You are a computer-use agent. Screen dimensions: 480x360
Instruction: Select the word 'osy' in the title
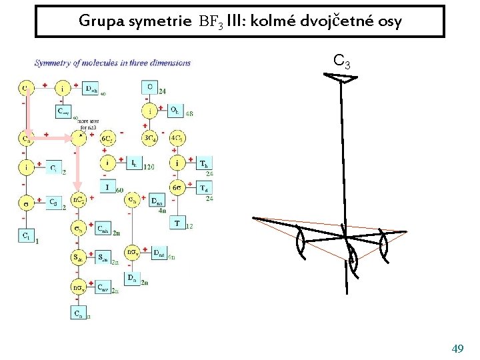pos(389,21)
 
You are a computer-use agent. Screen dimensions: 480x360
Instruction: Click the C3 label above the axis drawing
pos(342,62)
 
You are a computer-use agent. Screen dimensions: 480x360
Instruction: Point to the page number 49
pos(457,349)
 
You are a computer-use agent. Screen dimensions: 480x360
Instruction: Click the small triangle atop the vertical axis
pos(345,79)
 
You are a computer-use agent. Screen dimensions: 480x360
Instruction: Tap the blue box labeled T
pos(177,223)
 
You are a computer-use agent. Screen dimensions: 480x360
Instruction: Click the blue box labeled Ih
pos(133,163)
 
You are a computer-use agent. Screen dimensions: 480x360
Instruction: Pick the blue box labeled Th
pos(203,163)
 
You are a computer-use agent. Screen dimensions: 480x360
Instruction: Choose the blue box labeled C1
pos(27,235)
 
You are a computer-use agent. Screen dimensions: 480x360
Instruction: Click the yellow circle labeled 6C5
pos(107,139)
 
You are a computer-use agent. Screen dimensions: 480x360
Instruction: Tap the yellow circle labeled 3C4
pos(151,139)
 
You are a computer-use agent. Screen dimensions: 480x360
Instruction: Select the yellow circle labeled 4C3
pos(177,139)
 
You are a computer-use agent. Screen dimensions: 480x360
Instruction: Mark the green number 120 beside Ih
pos(149,167)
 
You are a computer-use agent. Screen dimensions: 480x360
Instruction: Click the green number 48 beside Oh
pos(189,114)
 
